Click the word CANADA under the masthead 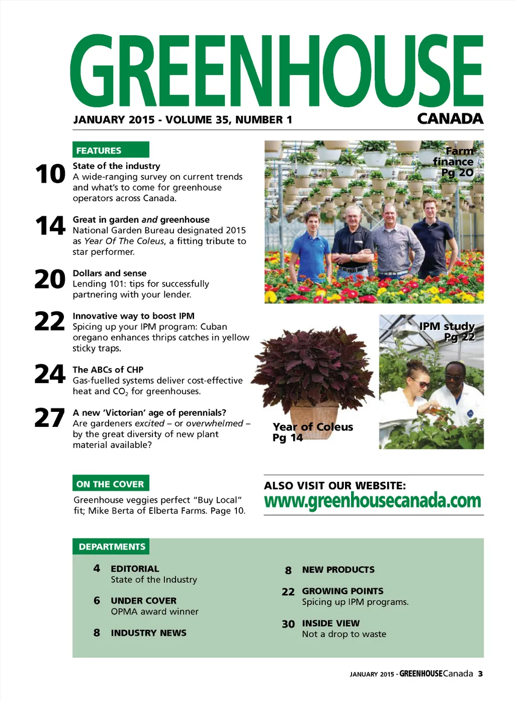pos(450,119)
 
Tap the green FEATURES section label pos(111,150)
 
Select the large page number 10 pos(50,174)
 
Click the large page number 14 pos(50,226)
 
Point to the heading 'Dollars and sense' pos(110,273)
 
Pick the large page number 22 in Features pos(50,322)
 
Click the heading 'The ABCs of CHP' pos(108,370)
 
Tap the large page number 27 pos(50,418)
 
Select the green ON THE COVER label pos(111,484)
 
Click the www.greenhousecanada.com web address pos(373,501)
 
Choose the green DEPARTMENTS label pos(112,547)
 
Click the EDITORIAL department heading pos(135,569)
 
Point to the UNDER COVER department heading pos(144,601)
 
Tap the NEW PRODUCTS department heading pos(338,570)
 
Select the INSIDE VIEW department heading pos(331,624)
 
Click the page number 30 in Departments pos(288,624)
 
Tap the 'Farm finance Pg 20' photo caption pos(454,161)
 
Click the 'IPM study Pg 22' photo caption pos(448,331)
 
